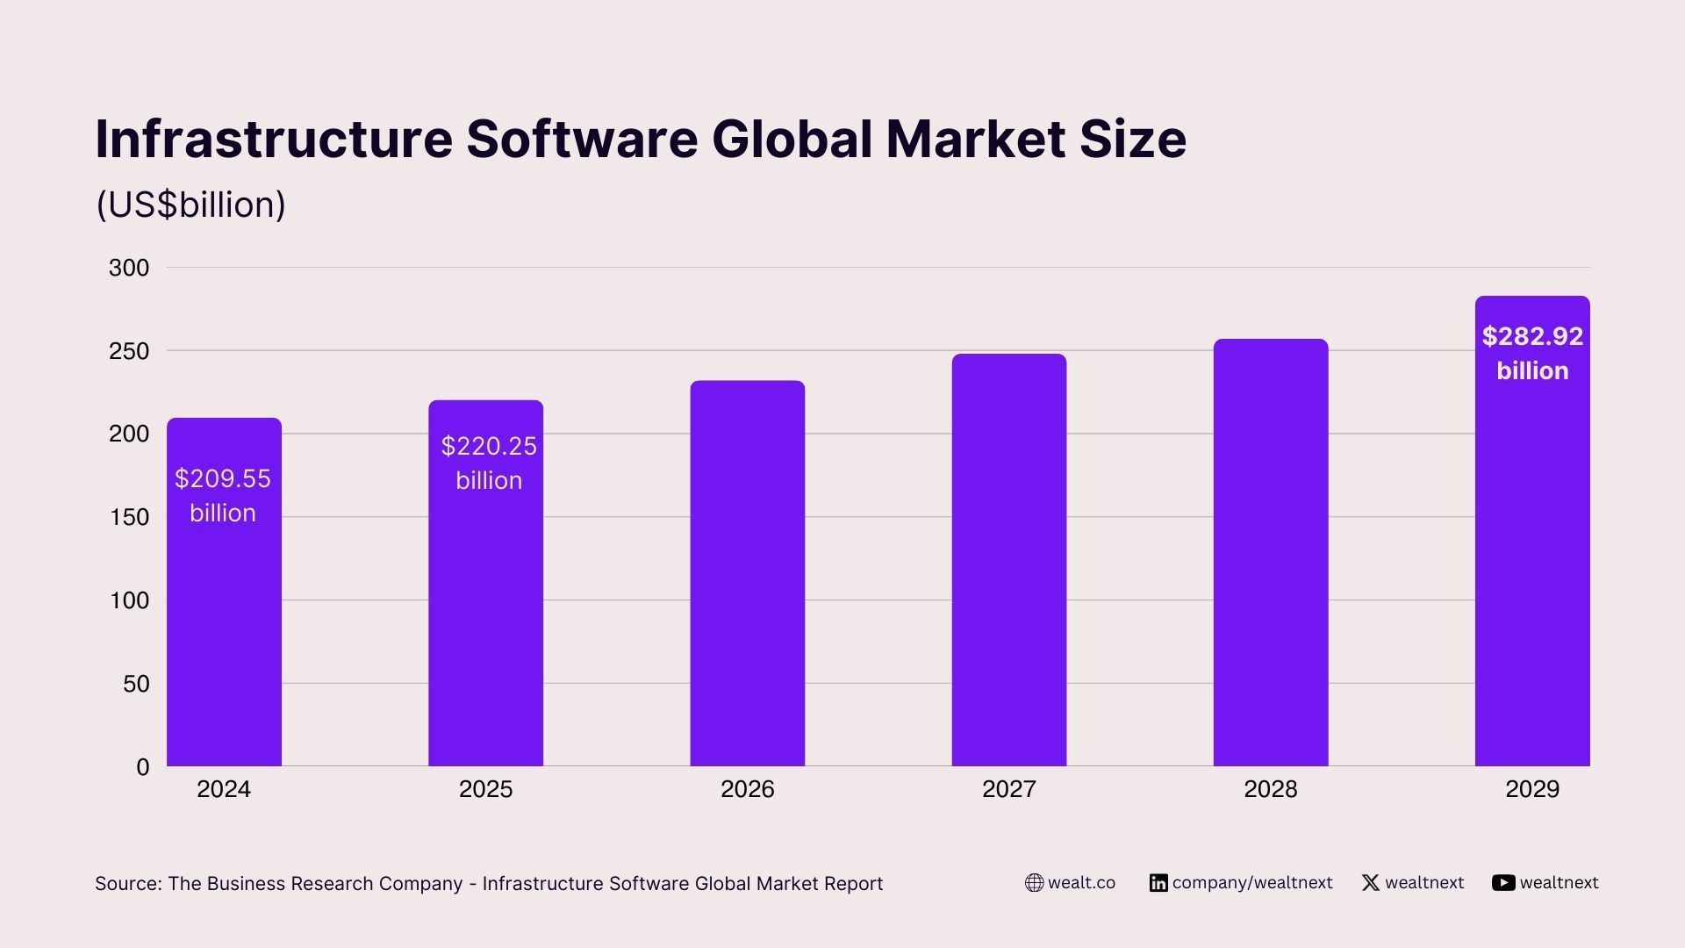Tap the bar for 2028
click(x=1270, y=552)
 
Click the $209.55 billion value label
click(x=223, y=495)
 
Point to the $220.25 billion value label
click(x=489, y=463)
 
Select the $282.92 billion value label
click(x=1532, y=353)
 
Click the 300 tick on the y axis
click(x=129, y=268)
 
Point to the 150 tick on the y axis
click(x=129, y=517)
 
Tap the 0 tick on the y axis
click(x=143, y=767)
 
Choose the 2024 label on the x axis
click(x=224, y=789)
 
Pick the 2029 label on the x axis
click(x=1532, y=789)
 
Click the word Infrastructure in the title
click(x=274, y=139)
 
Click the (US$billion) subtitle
click(x=190, y=205)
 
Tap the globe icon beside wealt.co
click(x=1035, y=883)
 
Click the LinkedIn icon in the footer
click(x=1158, y=883)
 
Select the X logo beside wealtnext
click(x=1371, y=883)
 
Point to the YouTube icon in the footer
click(x=1503, y=883)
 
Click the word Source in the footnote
click(x=126, y=884)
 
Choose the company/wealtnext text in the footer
click(x=1252, y=883)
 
